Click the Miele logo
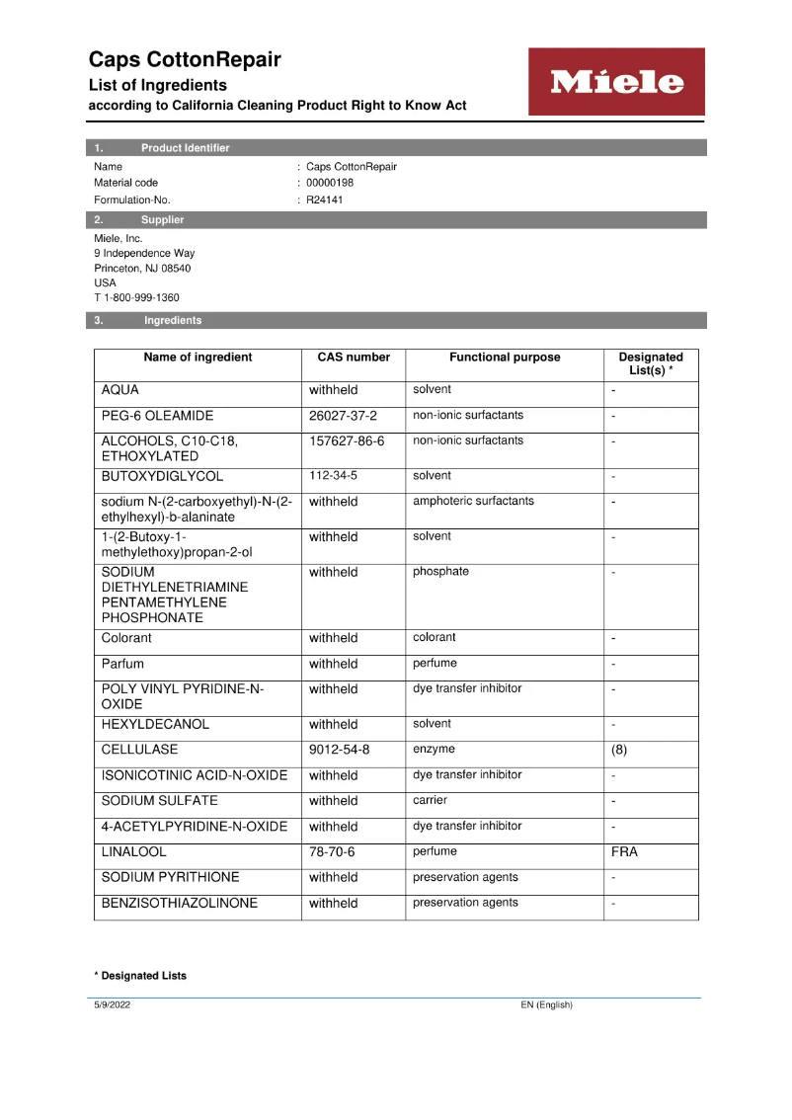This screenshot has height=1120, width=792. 616,82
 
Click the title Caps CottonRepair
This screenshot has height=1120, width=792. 185,59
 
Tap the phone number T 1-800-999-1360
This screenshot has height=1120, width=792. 136,297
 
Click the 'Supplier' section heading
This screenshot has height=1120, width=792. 162,220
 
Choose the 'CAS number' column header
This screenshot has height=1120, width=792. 354,358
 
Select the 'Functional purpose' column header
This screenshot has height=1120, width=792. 505,358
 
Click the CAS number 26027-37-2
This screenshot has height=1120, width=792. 343,416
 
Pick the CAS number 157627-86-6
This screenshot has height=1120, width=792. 347,441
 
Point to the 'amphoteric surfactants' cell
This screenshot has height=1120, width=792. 473,501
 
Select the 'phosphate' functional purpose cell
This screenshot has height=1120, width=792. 440,572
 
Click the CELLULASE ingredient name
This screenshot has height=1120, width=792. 139,750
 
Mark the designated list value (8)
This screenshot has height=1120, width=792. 619,750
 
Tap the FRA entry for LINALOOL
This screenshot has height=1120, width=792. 624,851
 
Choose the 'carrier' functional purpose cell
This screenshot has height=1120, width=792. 430,800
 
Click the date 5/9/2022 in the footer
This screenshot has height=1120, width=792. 112,1005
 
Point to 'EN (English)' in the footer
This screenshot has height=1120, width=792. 546,1005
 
